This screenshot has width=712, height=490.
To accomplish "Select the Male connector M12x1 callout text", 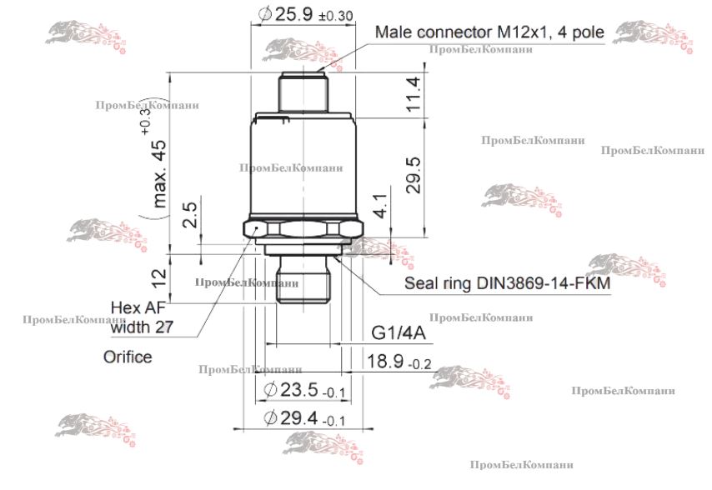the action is tap(489, 32).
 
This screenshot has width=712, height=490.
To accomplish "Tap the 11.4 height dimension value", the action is tap(414, 94).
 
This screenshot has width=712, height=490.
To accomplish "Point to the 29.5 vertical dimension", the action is tap(414, 176).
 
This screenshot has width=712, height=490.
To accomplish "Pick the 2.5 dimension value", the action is tap(190, 215).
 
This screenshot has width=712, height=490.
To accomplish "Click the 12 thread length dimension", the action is tap(159, 278).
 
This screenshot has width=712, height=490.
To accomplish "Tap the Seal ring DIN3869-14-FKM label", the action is tap(507, 283).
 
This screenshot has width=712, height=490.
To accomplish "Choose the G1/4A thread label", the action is tap(399, 333).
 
